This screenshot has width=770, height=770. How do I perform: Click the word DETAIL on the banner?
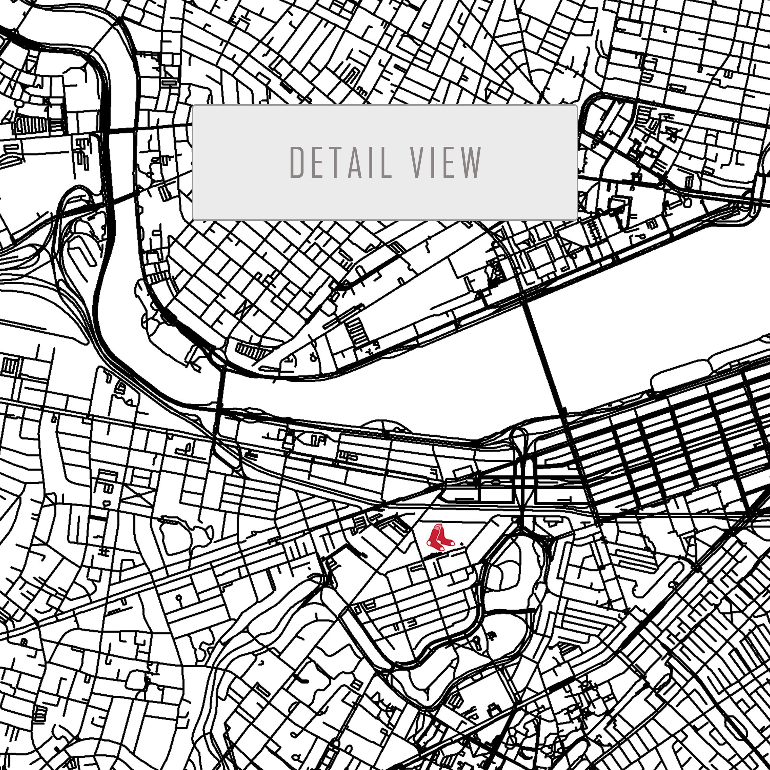[341, 163]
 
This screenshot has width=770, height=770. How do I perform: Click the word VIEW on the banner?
[446, 163]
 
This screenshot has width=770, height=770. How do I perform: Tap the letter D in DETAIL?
[297, 163]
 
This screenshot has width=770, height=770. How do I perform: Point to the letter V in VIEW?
[417, 163]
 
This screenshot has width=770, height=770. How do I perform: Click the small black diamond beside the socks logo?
[462, 543]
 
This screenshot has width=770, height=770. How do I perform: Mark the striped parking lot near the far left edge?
[31, 126]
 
